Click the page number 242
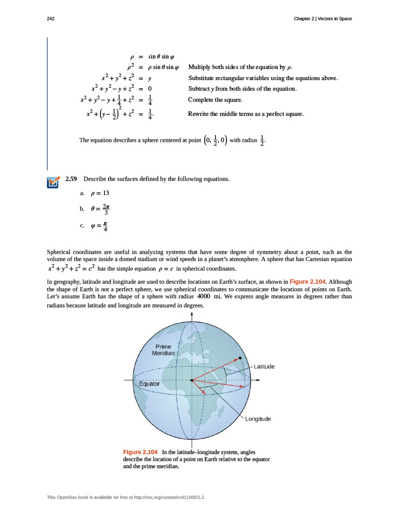(50, 19)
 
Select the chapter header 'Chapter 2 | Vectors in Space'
(323, 19)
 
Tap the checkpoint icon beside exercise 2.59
(52, 181)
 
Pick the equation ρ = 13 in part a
(99, 193)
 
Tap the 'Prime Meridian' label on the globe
(163, 350)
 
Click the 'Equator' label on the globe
(149, 384)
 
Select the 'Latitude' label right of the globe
(264, 366)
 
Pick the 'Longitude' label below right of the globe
(258, 419)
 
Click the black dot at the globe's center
(192, 380)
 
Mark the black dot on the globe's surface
(240, 358)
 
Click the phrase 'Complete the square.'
(211, 100)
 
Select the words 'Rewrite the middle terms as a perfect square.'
(246, 114)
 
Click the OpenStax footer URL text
(126, 497)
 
